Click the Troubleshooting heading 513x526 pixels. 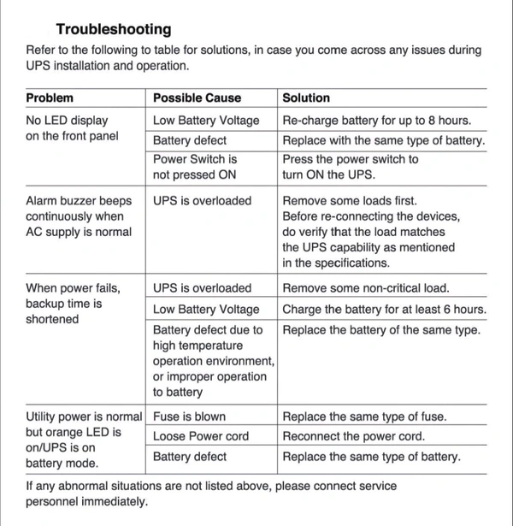coord(113,29)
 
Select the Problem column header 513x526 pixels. coord(50,98)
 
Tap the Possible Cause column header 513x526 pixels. coord(197,98)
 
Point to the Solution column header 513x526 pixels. coord(306,98)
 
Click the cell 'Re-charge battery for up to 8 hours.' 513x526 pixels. coord(377,121)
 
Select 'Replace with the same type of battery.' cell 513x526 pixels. coord(383,140)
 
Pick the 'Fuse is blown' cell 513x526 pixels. coord(189,417)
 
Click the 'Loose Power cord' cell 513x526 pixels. coord(201,436)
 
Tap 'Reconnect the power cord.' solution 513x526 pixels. coord(353,436)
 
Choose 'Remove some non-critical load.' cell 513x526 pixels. coord(365,288)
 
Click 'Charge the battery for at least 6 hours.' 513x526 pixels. coord(384,309)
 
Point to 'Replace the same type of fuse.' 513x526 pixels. coord(364,417)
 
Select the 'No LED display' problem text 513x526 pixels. coord(67,121)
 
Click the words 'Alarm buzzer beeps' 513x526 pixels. coord(79,201)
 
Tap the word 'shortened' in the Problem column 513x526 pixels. coord(52,319)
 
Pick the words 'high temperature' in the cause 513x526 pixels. coord(198,346)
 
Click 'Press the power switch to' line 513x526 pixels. coord(351,159)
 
